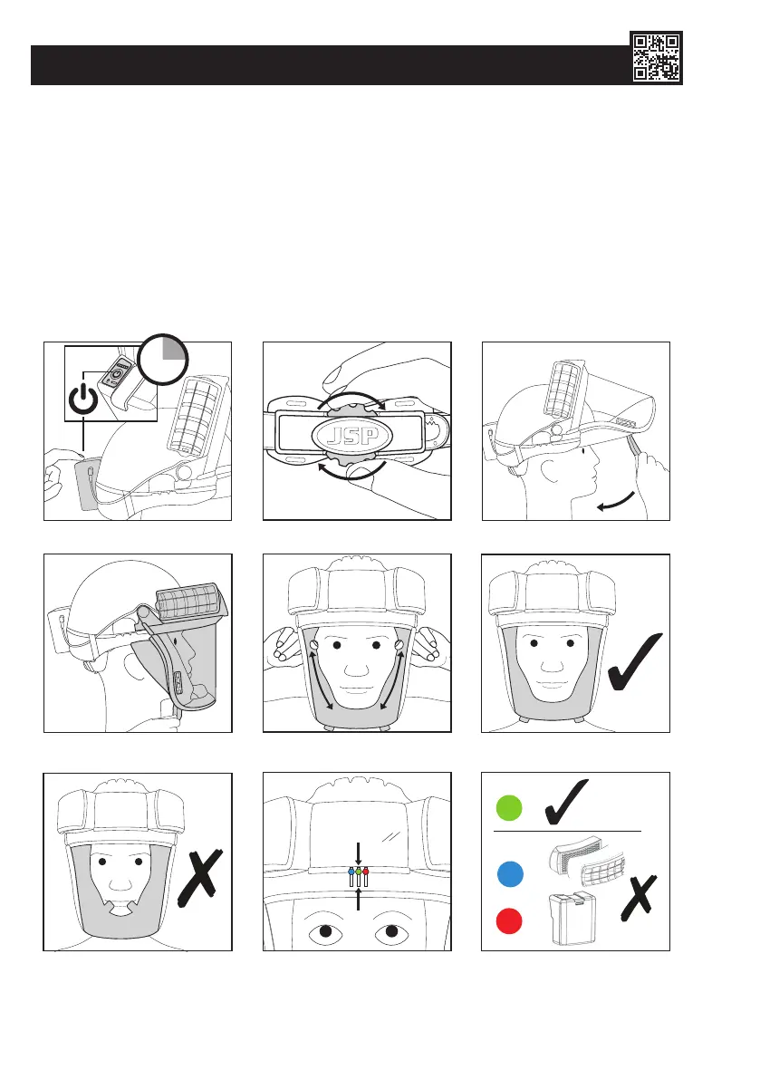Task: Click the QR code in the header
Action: click(x=656, y=57)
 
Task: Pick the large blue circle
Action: click(x=511, y=876)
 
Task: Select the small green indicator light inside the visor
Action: click(x=359, y=872)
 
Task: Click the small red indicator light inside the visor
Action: click(x=367, y=872)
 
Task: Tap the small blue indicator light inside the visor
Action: click(x=351, y=872)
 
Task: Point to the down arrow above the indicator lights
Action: click(x=359, y=853)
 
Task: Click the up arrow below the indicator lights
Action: click(x=359, y=898)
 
